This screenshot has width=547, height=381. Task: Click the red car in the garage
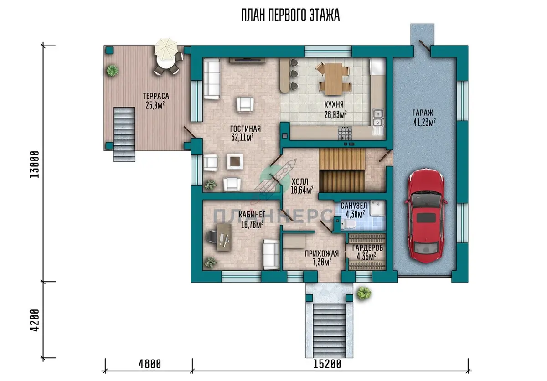click(x=425, y=216)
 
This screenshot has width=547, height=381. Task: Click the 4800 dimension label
click(x=150, y=364)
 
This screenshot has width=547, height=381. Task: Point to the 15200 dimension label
click(x=327, y=364)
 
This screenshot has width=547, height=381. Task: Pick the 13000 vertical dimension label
click(x=35, y=165)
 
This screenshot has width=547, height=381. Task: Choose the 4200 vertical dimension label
click(x=35, y=320)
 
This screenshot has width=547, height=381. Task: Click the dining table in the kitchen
click(x=333, y=79)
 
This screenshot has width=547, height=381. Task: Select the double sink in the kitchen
click(x=378, y=118)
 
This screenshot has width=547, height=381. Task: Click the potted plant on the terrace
click(x=112, y=70)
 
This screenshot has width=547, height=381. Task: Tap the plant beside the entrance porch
click(x=364, y=293)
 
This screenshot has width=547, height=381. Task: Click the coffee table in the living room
click(x=235, y=161)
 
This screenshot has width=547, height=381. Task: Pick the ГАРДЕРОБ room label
click(x=367, y=248)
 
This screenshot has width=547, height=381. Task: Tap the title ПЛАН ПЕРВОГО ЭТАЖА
click(x=290, y=15)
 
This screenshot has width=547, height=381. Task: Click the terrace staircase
click(x=124, y=134)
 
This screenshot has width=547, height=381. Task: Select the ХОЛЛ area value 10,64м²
click(x=302, y=190)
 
